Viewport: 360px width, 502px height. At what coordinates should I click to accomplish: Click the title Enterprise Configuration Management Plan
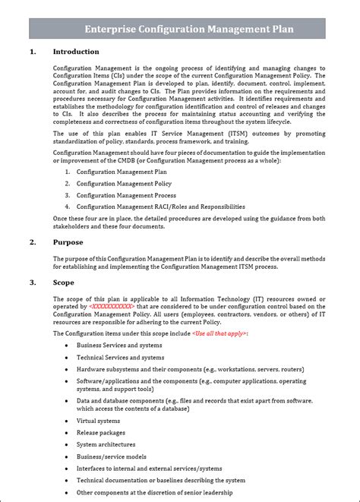[189, 28]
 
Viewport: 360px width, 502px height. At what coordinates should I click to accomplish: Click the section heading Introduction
[75, 52]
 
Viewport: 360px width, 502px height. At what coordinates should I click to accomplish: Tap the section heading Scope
[64, 283]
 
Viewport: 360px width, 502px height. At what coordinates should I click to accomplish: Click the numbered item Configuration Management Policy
[124, 184]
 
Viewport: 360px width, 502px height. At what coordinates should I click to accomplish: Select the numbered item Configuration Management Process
[125, 195]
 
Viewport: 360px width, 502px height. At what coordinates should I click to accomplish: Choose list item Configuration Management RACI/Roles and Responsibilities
[160, 207]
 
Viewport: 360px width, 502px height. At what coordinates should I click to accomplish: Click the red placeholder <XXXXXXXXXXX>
[111, 306]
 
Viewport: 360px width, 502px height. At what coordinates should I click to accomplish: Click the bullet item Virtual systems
[98, 420]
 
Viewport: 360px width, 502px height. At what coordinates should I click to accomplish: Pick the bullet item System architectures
[106, 444]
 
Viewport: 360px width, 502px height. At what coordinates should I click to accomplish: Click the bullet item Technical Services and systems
[120, 357]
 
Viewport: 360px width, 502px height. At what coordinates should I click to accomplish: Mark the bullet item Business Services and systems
[118, 345]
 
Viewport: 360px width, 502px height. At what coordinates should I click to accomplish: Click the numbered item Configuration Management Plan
[122, 172]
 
